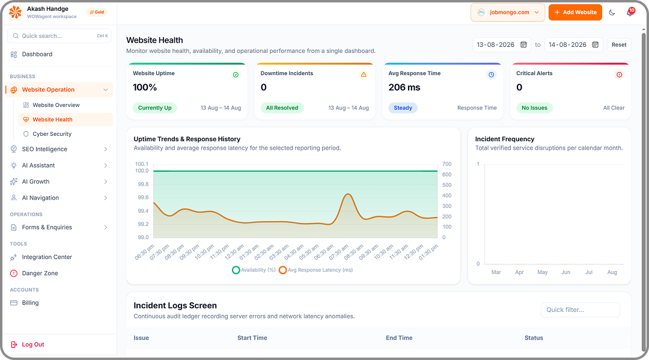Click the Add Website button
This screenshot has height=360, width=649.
(575, 13)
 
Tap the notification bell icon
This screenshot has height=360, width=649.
(630, 13)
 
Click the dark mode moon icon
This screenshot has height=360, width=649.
(612, 13)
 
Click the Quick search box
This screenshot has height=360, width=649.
(59, 36)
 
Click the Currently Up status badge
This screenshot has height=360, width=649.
(155, 108)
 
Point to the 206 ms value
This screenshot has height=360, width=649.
(404, 87)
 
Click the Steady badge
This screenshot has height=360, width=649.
(403, 108)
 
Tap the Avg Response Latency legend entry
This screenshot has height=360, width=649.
(316, 270)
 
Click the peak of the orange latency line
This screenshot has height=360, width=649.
(349, 194)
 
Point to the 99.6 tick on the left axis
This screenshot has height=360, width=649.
(143, 197)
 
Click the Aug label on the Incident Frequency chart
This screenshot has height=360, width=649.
(612, 272)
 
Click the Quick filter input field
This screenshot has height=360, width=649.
(580, 310)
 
